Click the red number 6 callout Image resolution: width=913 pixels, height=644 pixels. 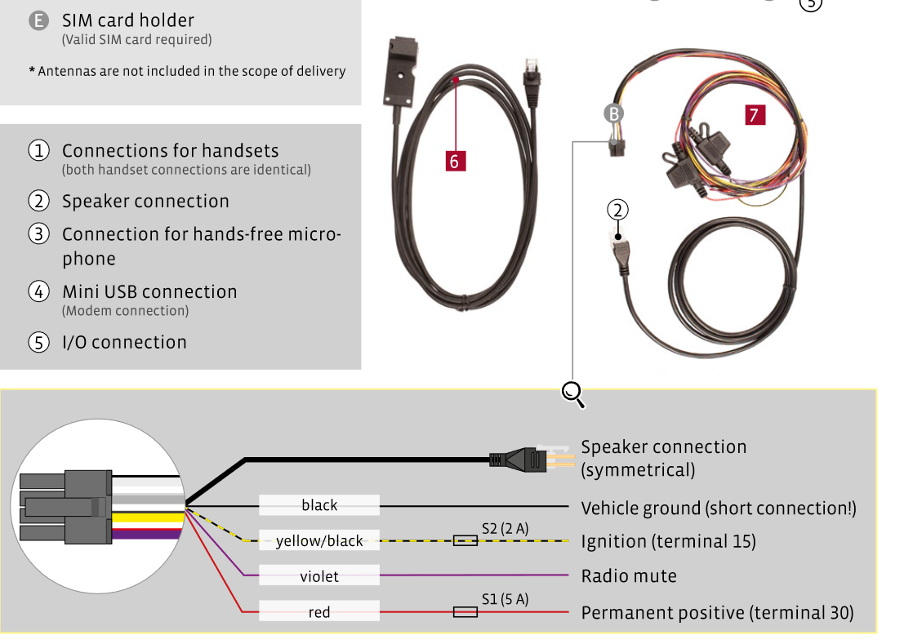tap(456, 161)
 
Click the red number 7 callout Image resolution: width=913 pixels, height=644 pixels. tap(755, 114)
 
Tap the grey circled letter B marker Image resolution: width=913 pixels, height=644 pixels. tap(613, 113)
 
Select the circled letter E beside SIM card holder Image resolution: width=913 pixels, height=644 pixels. tap(39, 21)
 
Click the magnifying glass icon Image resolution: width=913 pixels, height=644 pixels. tap(573, 394)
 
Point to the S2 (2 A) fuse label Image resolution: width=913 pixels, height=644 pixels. tap(505, 529)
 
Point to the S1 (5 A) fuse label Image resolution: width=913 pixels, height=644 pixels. tap(505, 599)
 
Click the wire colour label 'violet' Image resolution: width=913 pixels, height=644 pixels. tap(319, 576)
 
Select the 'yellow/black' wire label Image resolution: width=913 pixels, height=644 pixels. tap(319, 540)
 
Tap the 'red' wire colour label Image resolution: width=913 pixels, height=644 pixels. tap(319, 612)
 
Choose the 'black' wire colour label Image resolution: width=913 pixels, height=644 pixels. tap(319, 505)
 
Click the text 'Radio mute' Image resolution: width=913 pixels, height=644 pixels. tap(629, 576)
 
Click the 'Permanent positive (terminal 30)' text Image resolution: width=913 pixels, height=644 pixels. tap(717, 613)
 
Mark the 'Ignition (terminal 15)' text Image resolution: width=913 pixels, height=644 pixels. tap(669, 542)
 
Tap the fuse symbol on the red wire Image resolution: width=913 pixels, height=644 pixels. tap(465, 612)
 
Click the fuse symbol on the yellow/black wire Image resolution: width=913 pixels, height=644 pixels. tap(465, 541)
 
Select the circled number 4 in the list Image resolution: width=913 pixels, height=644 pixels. tap(39, 291)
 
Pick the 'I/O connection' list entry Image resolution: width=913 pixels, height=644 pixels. tap(125, 342)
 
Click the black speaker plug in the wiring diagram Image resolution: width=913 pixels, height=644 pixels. tap(519, 460)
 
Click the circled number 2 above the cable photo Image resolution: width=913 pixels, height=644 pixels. tap(618, 210)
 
